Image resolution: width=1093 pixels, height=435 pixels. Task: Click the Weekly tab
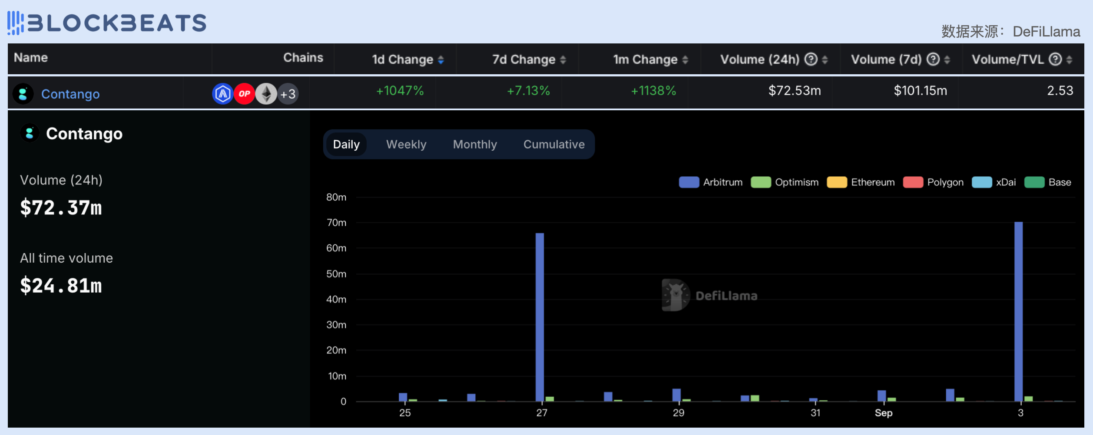[x=406, y=144]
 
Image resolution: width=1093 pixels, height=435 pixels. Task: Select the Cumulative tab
[x=554, y=144]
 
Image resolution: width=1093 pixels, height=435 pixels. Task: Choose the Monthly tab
[x=475, y=144]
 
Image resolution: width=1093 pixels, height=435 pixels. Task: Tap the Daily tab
[x=346, y=144]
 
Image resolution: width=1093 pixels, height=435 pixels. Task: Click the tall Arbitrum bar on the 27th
[x=540, y=317]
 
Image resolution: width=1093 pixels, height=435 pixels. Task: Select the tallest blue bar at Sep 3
[x=1018, y=311]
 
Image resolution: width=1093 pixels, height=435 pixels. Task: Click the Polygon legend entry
[x=933, y=182]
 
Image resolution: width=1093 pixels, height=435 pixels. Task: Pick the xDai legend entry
[x=994, y=182]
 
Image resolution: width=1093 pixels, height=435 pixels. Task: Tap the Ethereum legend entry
[x=861, y=182]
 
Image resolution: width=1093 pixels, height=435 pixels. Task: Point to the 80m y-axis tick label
[x=336, y=197]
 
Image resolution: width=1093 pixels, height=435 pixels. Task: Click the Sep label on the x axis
[x=884, y=413]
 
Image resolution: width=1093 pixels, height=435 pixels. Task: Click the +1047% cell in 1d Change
[x=400, y=91]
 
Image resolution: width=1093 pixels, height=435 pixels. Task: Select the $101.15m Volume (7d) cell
[x=920, y=91]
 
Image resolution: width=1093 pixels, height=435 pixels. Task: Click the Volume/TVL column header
[x=1007, y=59]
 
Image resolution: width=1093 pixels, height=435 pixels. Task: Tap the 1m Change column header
[x=645, y=59]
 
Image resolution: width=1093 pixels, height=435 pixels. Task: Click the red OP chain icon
[x=244, y=94]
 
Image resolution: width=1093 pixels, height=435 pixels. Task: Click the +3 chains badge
[x=288, y=94]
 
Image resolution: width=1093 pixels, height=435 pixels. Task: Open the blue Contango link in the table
[x=70, y=94]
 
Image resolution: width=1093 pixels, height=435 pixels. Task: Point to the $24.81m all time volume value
[x=61, y=286]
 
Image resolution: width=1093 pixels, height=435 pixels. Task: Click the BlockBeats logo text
[x=117, y=23]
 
